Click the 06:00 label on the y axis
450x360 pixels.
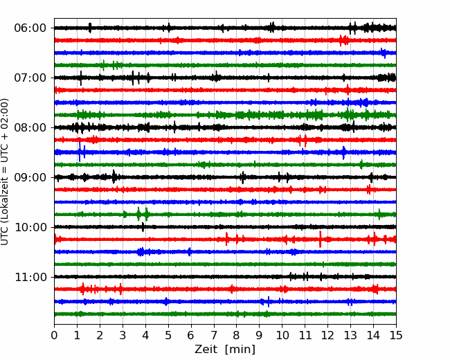click(x=30, y=28)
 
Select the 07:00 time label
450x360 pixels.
click(x=30, y=78)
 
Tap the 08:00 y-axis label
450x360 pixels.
click(x=30, y=127)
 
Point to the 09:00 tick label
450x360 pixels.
click(x=30, y=177)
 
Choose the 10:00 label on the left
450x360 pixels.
click(x=30, y=227)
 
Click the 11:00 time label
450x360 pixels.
click(x=30, y=277)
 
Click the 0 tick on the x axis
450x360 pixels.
click(x=54, y=335)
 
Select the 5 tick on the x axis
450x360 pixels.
click(x=168, y=335)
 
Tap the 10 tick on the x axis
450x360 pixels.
click(x=282, y=335)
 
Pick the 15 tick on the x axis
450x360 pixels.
click(x=396, y=335)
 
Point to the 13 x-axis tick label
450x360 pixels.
click(x=350, y=335)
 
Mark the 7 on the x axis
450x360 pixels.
click(x=214, y=335)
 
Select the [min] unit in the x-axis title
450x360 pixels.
click(x=240, y=350)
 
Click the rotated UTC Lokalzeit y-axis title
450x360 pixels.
click(x=5, y=172)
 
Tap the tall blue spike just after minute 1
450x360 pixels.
click(x=80, y=152)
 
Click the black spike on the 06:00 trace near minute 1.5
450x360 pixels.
click(x=90, y=28)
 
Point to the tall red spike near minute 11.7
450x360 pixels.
click(x=321, y=239)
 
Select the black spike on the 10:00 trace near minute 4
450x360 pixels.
click(x=143, y=227)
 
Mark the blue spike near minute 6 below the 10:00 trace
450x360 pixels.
click(x=189, y=252)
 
